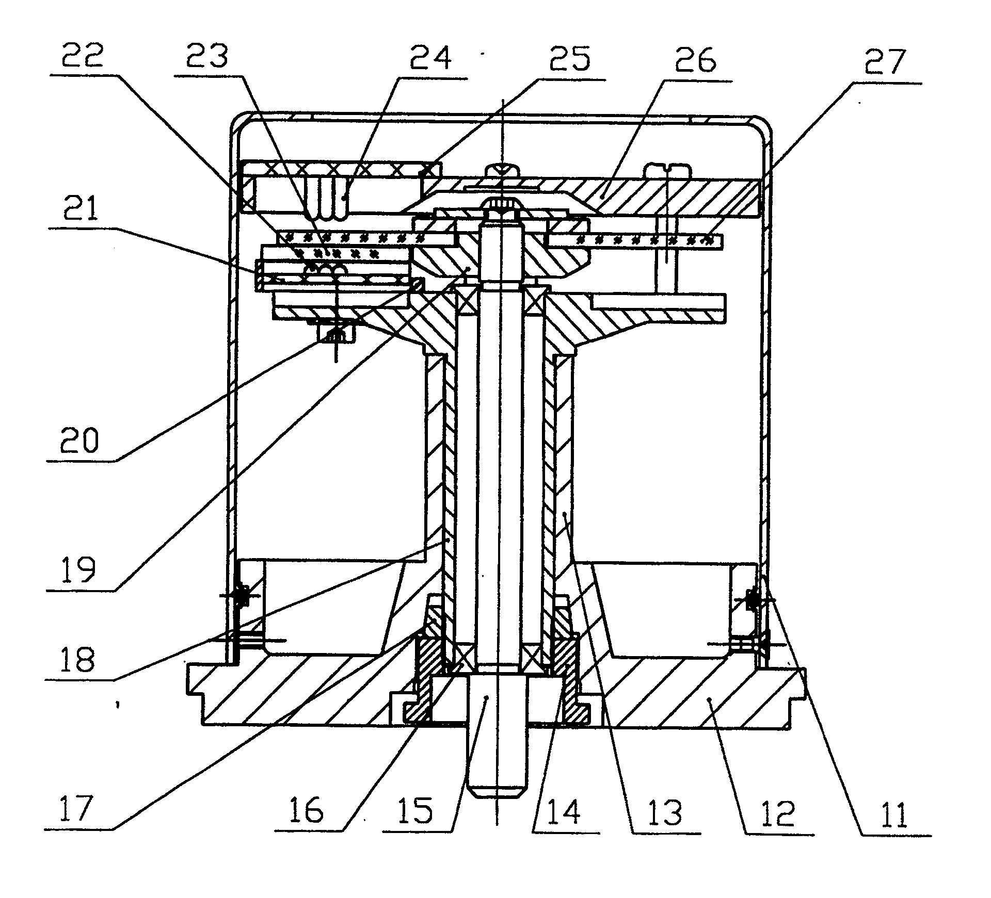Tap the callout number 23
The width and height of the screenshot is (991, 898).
click(x=206, y=57)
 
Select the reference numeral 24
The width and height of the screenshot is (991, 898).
click(x=430, y=58)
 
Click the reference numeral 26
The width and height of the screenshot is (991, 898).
click(x=695, y=60)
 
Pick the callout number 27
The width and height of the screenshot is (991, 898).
click(x=884, y=61)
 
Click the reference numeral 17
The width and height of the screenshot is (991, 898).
click(x=76, y=808)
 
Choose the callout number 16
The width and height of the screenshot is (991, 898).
click(x=307, y=809)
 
